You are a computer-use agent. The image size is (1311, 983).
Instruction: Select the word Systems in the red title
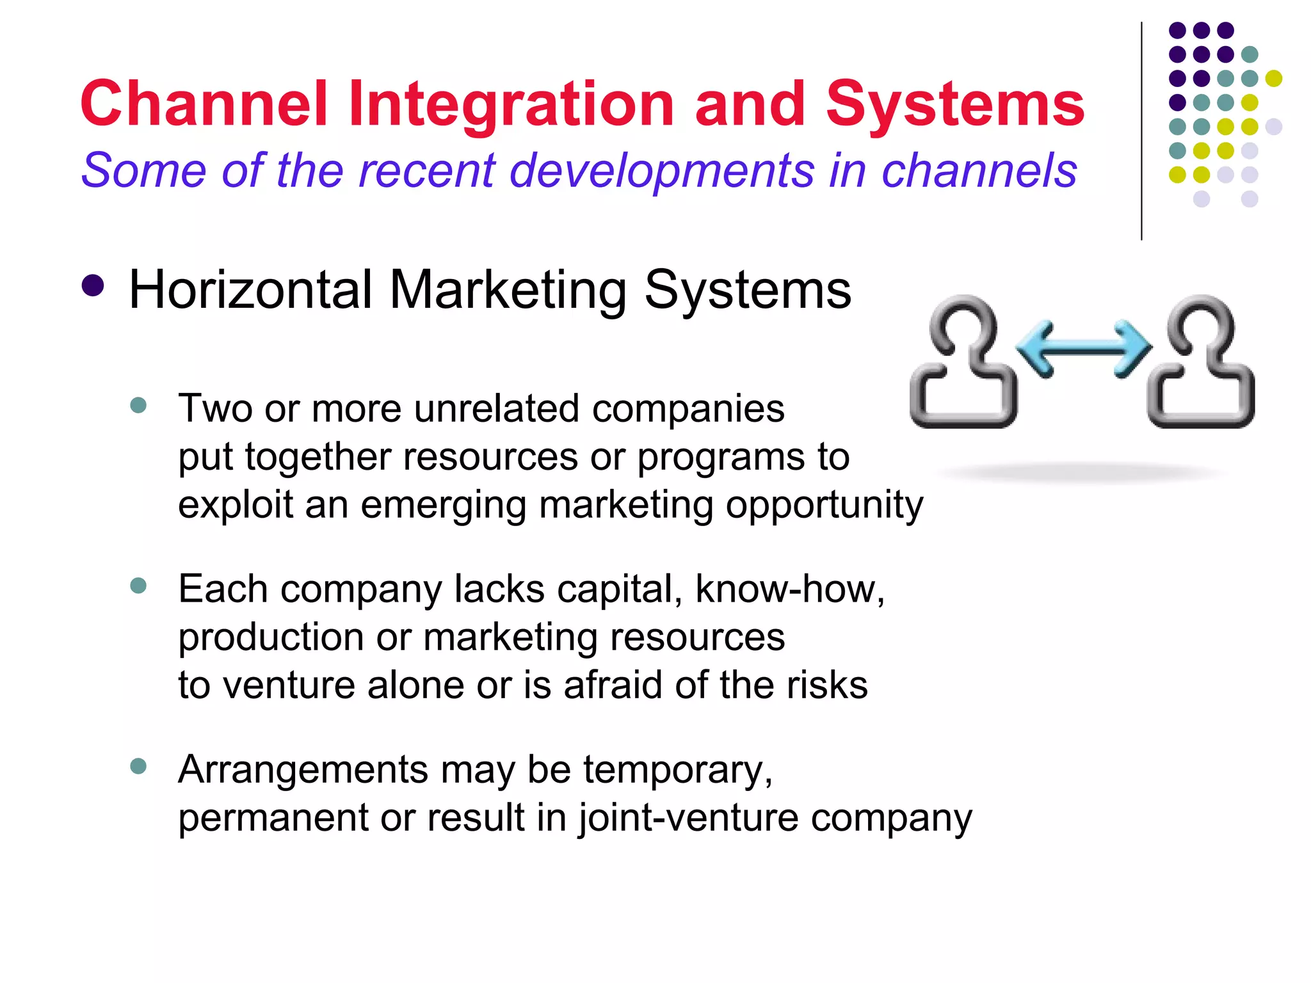pyautogui.click(x=955, y=105)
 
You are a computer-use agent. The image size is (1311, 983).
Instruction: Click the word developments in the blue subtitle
pyautogui.click(x=662, y=172)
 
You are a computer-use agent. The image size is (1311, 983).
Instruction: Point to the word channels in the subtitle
pyautogui.click(x=979, y=170)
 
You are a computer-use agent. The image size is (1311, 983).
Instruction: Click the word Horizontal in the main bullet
pyautogui.click(x=250, y=290)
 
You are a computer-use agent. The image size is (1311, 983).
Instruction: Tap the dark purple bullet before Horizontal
pyautogui.click(x=93, y=286)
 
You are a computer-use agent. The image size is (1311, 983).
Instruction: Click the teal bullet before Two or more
pyautogui.click(x=138, y=405)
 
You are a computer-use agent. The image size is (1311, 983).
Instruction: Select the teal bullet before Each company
pyautogui.click(x=138, y=586)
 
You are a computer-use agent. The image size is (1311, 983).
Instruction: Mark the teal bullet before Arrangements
pyautogui.click(x=138, y=766)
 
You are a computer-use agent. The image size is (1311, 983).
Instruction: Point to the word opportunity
pyautogui.click(x=824, y=506)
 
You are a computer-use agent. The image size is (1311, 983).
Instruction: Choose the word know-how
pyautogui.click(x=789, y=589)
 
